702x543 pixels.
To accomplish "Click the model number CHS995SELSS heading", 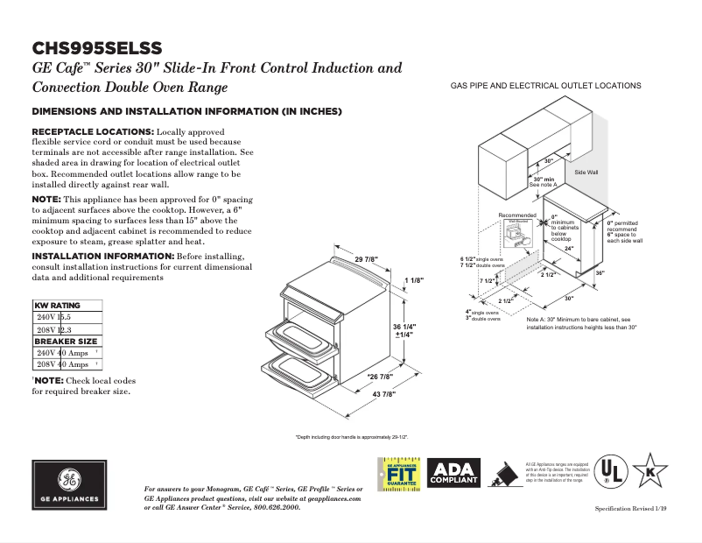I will point(97,47).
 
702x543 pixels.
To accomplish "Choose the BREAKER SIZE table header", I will point(66,341).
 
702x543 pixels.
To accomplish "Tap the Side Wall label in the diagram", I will point(586,173).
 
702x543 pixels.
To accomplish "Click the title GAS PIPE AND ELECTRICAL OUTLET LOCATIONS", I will point(545,86).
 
